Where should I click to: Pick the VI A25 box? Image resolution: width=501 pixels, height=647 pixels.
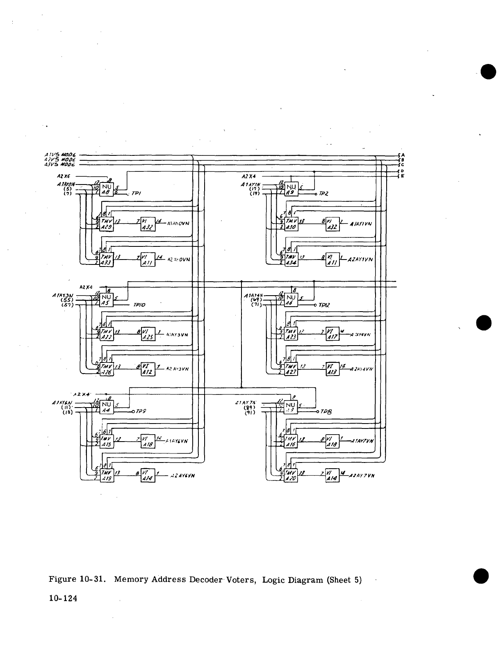click(148, 335)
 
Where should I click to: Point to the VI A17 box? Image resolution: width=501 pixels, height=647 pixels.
click(332, 334)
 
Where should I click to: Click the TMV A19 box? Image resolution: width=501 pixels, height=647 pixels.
click(107, 476)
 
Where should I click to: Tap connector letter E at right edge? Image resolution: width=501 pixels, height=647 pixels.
click(403, 176)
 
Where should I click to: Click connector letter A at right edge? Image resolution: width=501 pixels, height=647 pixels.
click(403, 155)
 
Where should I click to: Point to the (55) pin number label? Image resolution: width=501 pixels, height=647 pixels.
click(67, 300)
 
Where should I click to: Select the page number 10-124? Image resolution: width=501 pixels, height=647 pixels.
click(63, 598)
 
